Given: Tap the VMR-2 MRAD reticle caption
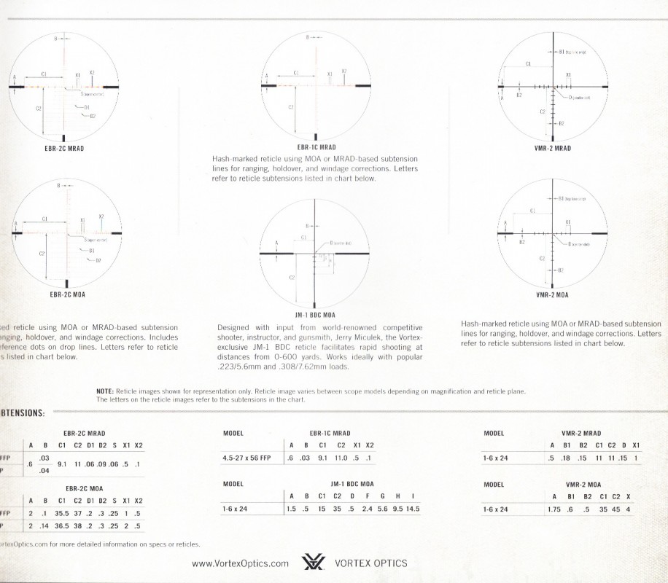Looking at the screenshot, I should coord(553,148).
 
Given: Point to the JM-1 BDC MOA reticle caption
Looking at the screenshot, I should coord(314,315).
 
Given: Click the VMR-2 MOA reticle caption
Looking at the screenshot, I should coord(552,296).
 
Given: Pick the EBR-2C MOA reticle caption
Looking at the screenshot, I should coord(67,296).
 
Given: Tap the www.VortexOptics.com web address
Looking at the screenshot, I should coord(241,563).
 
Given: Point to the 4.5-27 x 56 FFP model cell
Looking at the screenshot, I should coord(246,458).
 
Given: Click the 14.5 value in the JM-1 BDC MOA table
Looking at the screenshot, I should coord(413,509).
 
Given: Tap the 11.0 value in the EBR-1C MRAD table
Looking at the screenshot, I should coord(341,458).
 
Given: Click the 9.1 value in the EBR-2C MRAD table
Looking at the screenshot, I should coord(62,463).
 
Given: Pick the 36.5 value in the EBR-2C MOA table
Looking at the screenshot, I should coord(62,525).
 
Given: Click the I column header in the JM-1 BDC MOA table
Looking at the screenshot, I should coord(413,496).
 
